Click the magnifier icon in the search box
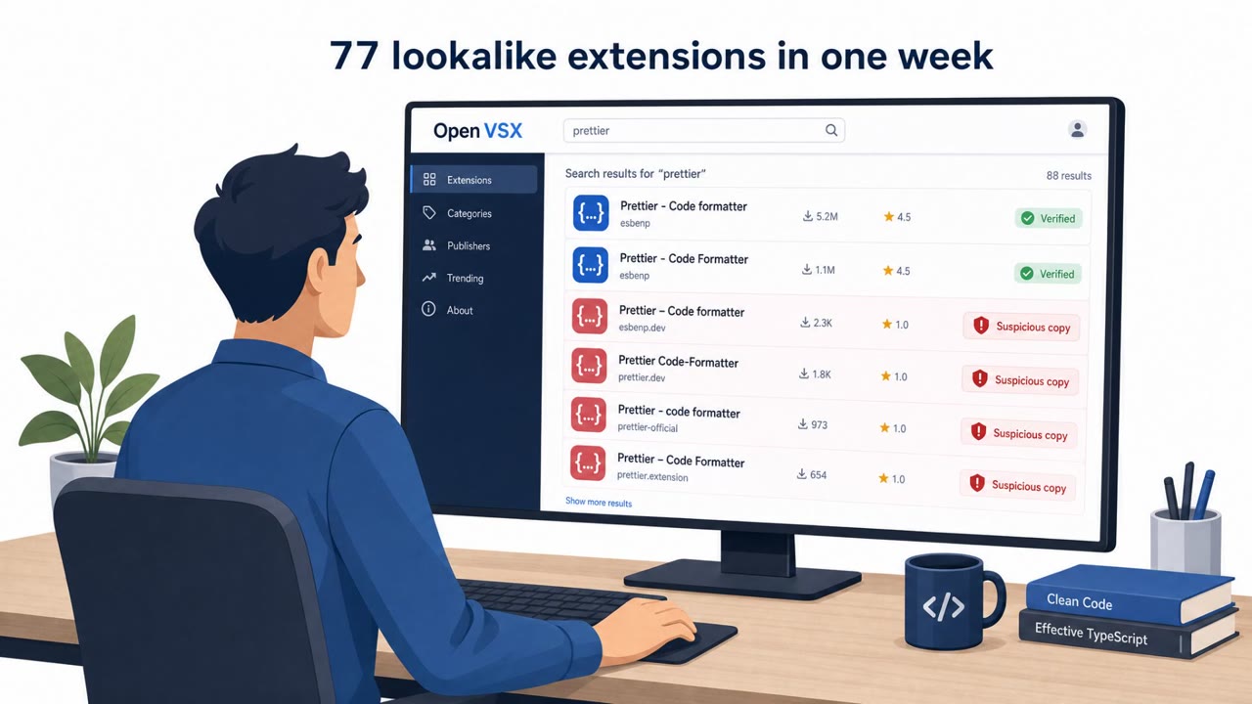tap(831, 130)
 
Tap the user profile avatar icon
tap(1077, 129)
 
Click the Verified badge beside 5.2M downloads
tap(1049, 218)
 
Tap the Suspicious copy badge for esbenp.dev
tap(1021, 327)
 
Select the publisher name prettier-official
tap(648, 427)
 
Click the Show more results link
tap(599, 502)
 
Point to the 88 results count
tap(1069, 175)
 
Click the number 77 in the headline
tap(354, 56)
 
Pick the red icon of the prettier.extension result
tap(588, 463)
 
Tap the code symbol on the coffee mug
tap(944, 607)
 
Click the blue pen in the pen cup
tap(1203, 494)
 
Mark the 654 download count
tap(812, 474)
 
